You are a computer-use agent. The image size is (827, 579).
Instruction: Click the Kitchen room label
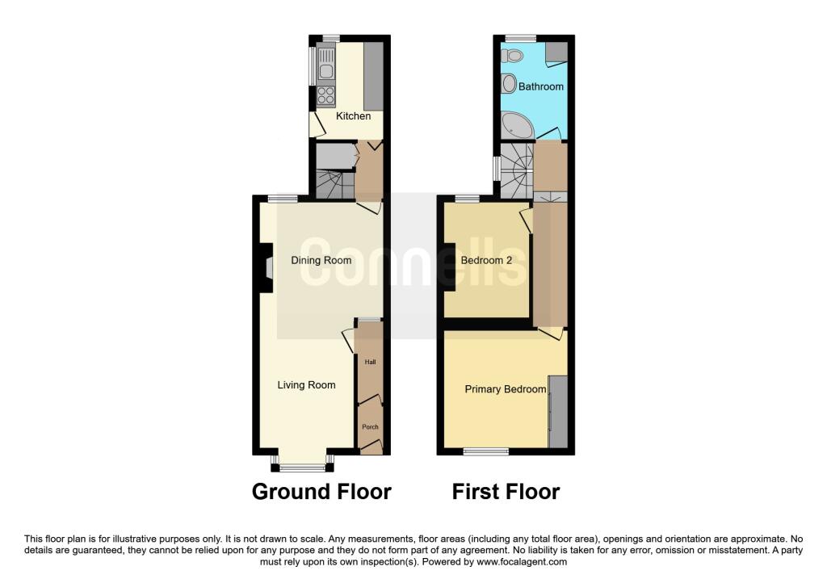click(x=354, y=116)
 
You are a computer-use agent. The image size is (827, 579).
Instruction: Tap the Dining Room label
click(x=321, y=261)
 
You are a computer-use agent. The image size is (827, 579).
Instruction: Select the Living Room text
click(x=306, y=385)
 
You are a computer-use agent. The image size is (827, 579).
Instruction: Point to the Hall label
click(x=370, y=363)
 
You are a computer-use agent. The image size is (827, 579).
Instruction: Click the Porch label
click(x=370, y=427)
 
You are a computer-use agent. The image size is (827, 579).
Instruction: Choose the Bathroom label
click(x=540, y=86)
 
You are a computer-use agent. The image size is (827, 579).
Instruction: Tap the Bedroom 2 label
click(x=486, y=261)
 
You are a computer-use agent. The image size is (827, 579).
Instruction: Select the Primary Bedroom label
click(x=506, y=389)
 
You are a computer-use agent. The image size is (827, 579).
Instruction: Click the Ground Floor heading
click(x=321, y=492)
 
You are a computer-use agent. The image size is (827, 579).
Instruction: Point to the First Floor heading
click(x=506, y=492)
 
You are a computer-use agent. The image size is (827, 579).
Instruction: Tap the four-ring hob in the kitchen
click(x=326, y=96)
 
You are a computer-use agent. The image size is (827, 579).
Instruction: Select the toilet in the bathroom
click(x=511, y=55)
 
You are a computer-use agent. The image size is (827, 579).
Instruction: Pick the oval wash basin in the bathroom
click(x=509, y=83)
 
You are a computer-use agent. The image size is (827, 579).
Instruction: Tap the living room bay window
click(x=303, y=463)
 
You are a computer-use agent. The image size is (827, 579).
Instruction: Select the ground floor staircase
click(x=334, y=185)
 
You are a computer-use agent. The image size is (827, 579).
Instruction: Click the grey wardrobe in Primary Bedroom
click(x=558, y=412)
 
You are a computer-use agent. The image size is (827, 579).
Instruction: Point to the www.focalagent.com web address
click(x=522, y=562)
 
